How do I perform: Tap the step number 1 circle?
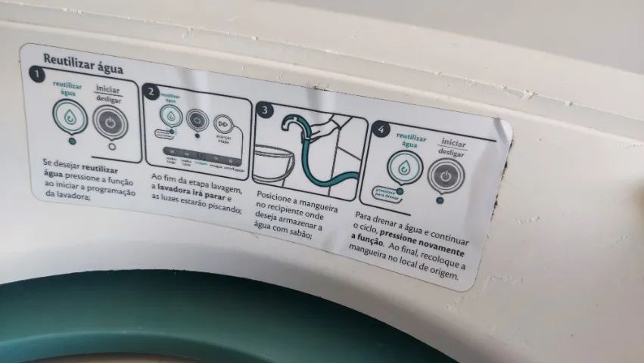(34, 73)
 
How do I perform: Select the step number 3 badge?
(264, 110)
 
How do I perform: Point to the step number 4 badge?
(381, 130)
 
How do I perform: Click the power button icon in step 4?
(446, 176)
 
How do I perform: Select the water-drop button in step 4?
(404, 167)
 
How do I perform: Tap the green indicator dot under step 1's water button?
(72, 140)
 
